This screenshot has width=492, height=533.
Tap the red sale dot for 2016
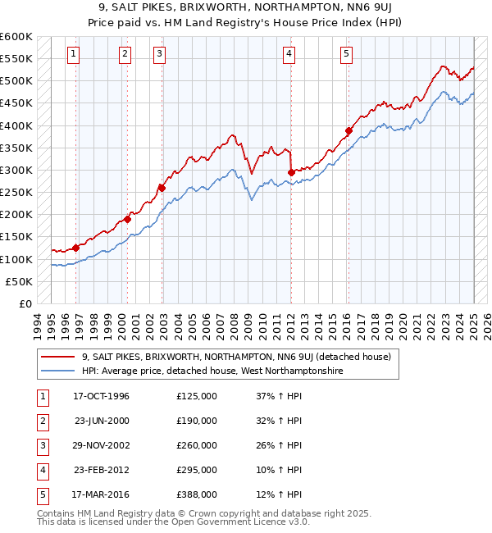(348, 130)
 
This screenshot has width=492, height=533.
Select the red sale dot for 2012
(291, 172)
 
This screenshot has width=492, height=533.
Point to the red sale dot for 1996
(76, 248)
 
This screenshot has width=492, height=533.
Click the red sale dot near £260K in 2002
(162, 188)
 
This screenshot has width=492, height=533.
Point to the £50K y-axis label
(20, 281)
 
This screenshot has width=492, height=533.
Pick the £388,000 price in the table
(197, 494)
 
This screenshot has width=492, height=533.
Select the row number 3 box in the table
(41, 445)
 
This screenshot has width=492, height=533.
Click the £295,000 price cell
(197, 470)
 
